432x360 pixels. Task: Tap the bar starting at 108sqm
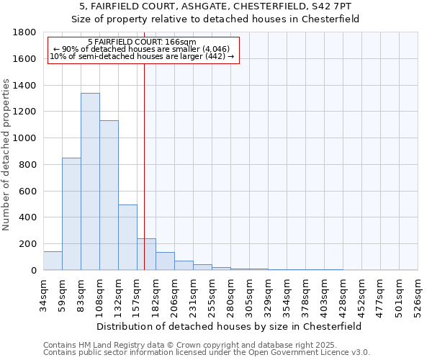tap(109, 195)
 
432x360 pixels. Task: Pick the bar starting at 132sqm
tap(127, 238)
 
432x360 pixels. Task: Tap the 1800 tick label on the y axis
tap(25, 32)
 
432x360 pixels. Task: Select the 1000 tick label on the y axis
tap(25, 138)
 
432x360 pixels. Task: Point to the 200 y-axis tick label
tap(28, 244)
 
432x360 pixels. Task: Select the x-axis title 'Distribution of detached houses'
tap(230, 326)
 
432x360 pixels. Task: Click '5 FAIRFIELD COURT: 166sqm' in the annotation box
tap(141, 42)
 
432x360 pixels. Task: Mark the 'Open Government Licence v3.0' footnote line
tap(207, 352)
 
